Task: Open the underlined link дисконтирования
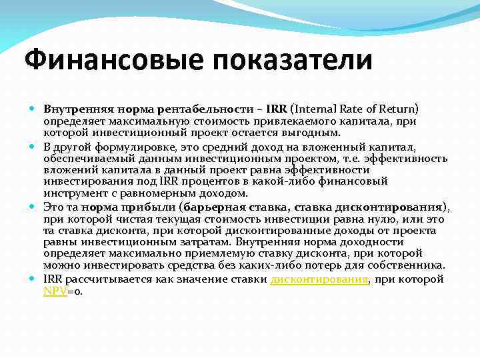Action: pos(319,279)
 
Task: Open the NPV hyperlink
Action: pos(55,291)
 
